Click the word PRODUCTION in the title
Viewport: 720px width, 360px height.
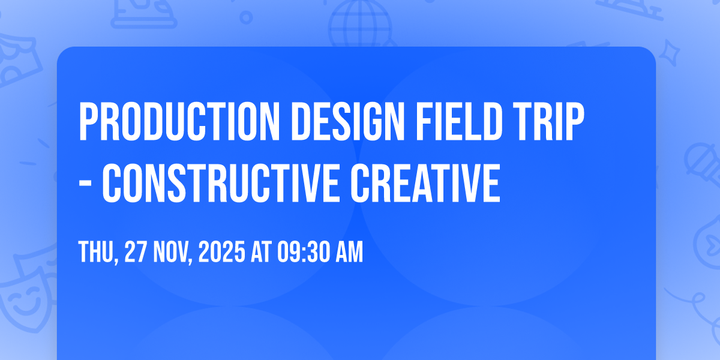[179, 122]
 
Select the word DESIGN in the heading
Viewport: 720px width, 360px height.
[347, 122]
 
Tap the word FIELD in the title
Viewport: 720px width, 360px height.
[459, 122]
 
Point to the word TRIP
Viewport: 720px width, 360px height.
[548, 122]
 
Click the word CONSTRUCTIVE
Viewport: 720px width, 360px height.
[221, 183]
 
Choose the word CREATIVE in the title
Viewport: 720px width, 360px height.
[425, 183]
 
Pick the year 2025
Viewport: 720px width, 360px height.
[222, 251]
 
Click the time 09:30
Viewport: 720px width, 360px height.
[304, 251]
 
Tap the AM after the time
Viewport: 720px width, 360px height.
[349, 251]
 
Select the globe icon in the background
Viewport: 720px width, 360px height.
[360, 24]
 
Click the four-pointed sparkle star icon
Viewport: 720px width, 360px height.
[670, 53]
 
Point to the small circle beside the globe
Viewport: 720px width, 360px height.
[246, 17]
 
